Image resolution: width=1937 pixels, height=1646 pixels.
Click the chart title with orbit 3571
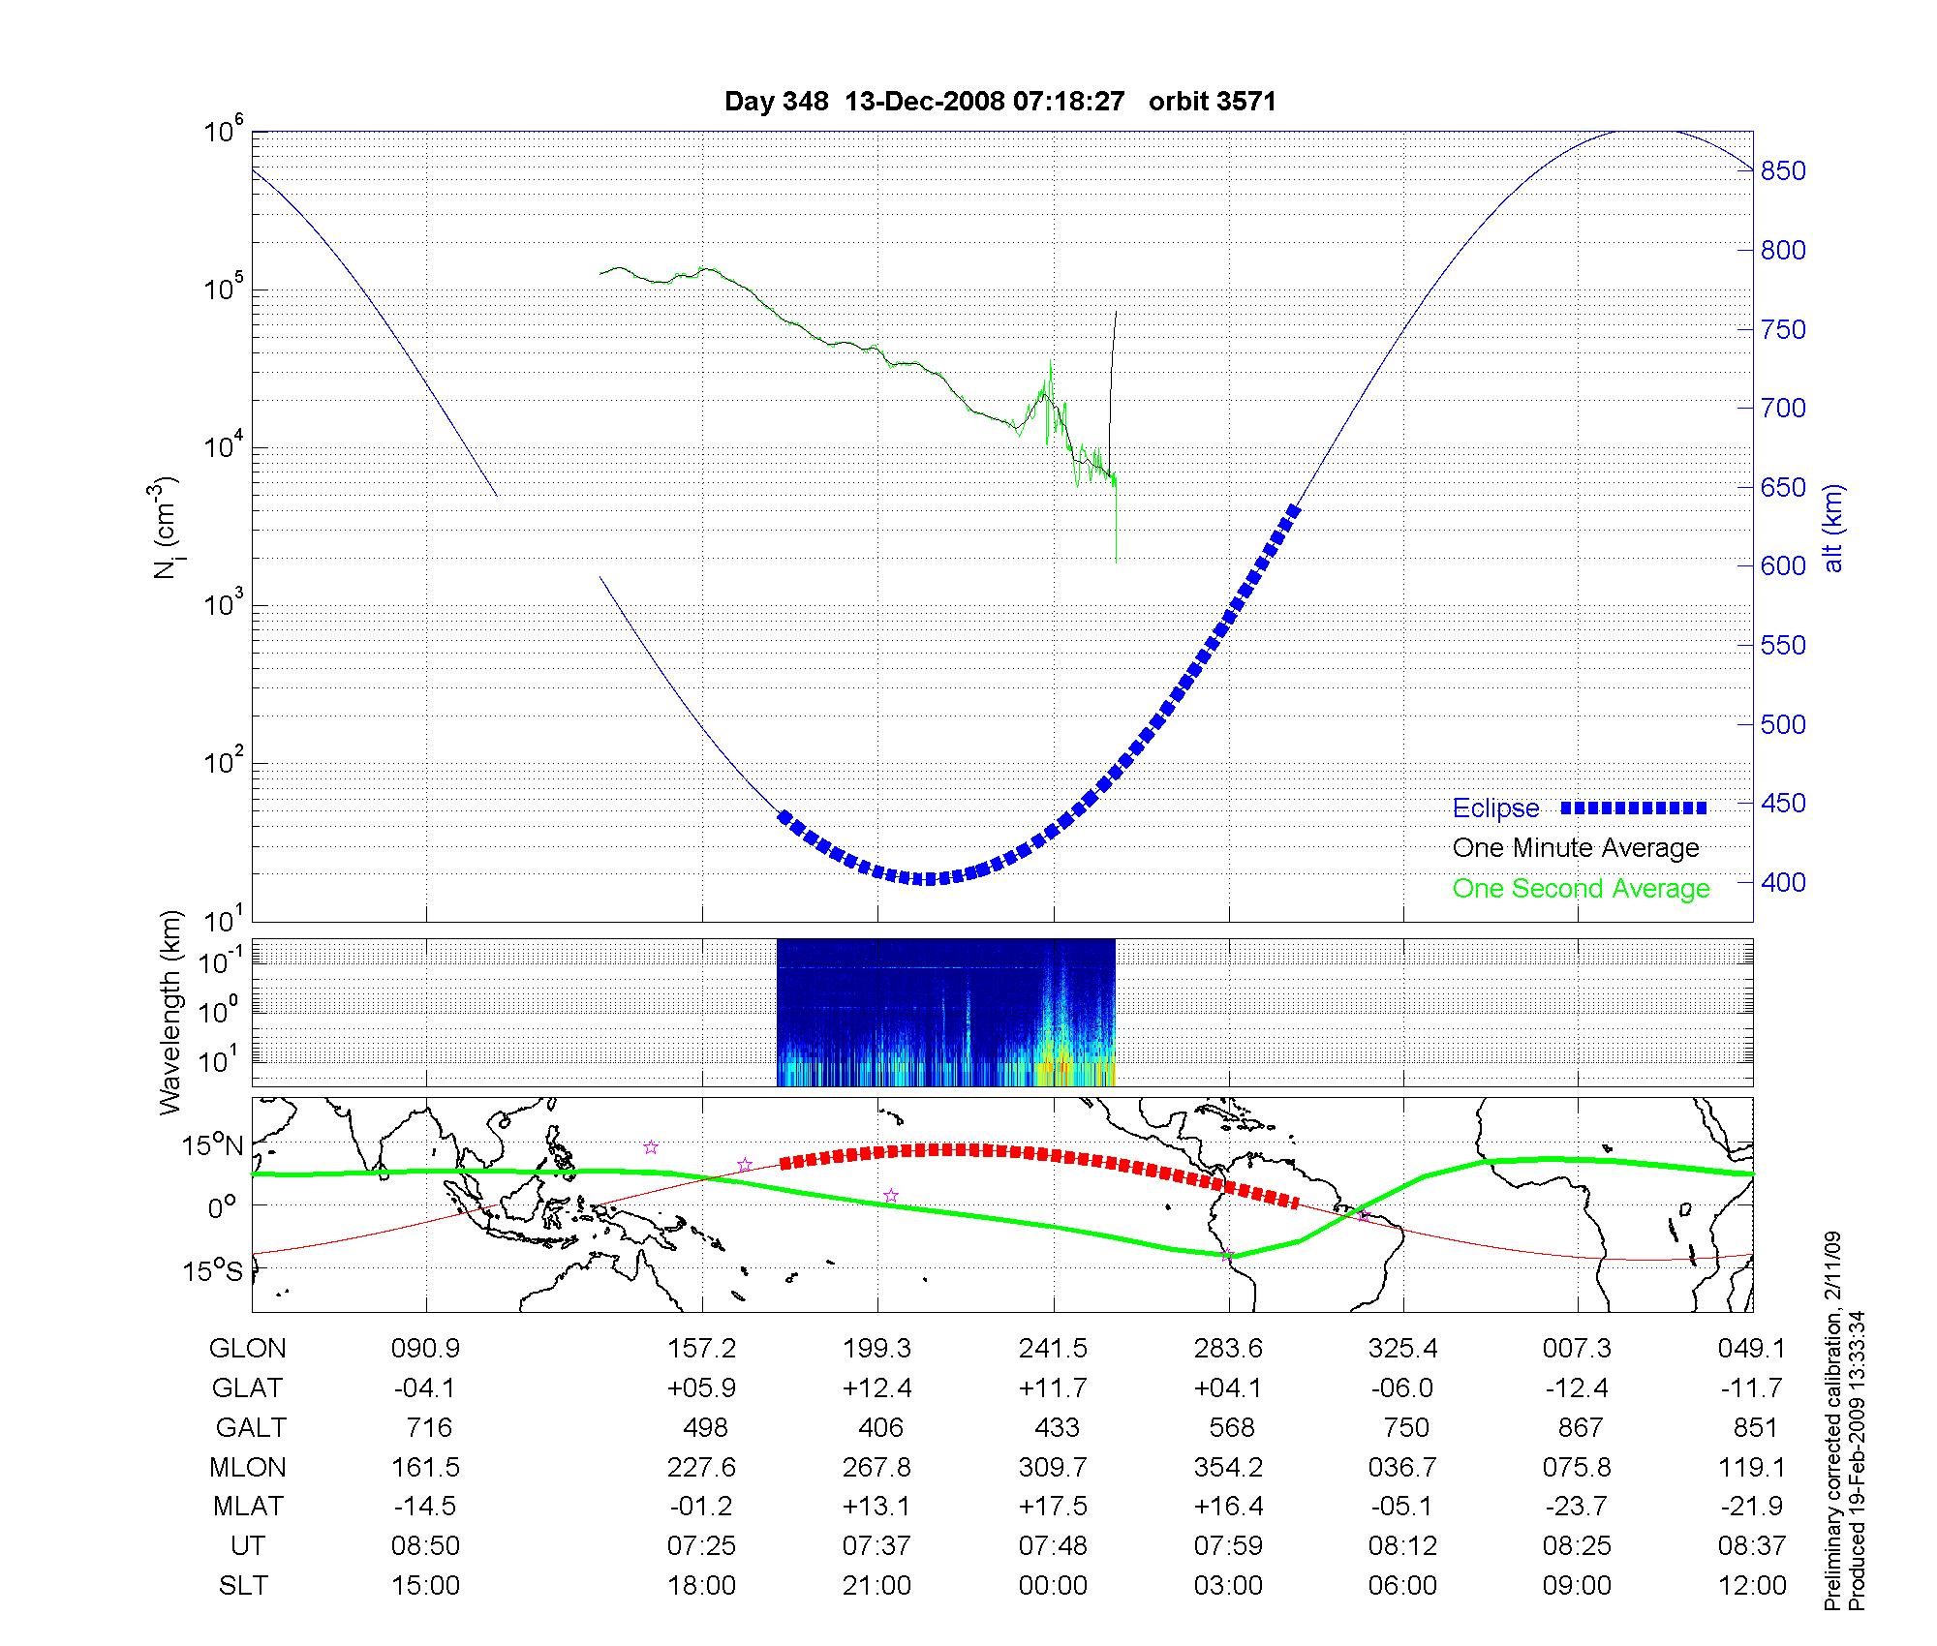pos(999,102)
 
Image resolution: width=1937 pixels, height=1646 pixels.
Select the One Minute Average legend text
pos(1576,848)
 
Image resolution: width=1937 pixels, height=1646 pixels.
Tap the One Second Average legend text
pos(1581,889)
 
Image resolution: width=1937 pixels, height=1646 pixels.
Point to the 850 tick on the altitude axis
pos(1783,171)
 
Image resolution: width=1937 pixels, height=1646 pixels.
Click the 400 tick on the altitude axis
pos(1783,883)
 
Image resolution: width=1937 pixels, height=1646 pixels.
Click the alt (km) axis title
pos(1833,528)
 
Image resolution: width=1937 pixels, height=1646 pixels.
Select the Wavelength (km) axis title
pos(170,1013)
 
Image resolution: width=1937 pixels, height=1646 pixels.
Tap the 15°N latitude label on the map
pos(211,1146)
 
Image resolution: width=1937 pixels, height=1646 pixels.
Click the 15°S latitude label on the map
pos(211,1271)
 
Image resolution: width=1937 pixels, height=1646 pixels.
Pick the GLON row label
pos(247,1349)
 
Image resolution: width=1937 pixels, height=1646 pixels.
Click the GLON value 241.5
pos(1053,1349)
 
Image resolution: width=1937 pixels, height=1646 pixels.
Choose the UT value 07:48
pos(1053,1546)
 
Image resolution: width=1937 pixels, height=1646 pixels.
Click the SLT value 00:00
pos(1053,1586)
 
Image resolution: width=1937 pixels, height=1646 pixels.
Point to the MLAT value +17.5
pos(1053,1507)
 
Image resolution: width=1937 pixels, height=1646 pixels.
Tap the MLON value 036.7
pos(1402,1468)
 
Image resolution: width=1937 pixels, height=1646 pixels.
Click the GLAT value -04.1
pos(425,1388)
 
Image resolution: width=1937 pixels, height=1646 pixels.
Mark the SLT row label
pos(244,1586)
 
